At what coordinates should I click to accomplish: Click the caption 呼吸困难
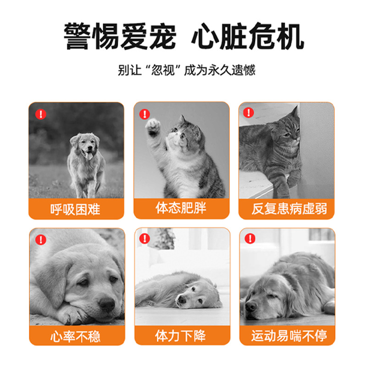click(x=75, y=210)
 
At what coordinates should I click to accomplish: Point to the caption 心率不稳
click(x=76, y=336)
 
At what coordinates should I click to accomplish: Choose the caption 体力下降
click(x=181, y=336)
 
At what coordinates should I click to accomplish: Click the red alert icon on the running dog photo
click(x=41, y=113)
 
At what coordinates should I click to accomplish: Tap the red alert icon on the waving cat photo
click(x=145, y=113)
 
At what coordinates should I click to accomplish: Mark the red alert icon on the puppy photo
click(x=41, y=239)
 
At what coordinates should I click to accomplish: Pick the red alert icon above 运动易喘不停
click(x=250, y=239)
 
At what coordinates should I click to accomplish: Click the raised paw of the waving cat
click(x=153, y=125)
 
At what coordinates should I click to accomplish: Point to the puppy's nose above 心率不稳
click(x=107, y=303)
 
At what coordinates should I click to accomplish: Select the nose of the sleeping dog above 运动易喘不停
click(x=250, y=305)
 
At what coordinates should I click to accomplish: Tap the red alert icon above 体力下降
click(x=145, y=239)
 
